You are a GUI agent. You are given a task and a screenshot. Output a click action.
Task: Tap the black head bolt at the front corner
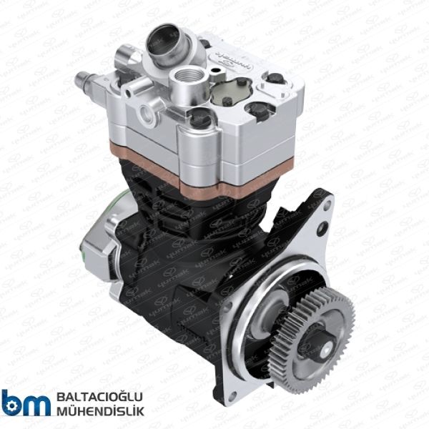tap(201, 119)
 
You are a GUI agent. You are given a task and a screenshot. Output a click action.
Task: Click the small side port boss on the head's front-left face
tap(147, 111)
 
